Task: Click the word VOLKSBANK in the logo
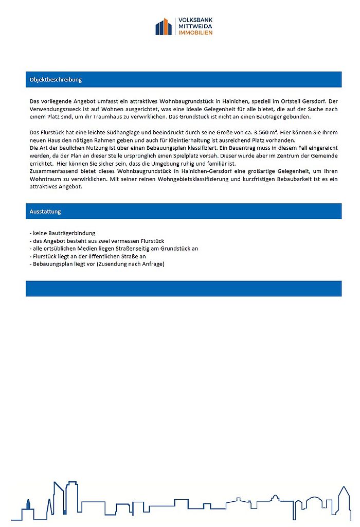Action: [195, 20]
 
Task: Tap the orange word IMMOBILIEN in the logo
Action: [195, 32]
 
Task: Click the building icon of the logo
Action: [164, 26]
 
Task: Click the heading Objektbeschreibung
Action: [56, 80]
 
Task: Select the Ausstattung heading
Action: [46, 212]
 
